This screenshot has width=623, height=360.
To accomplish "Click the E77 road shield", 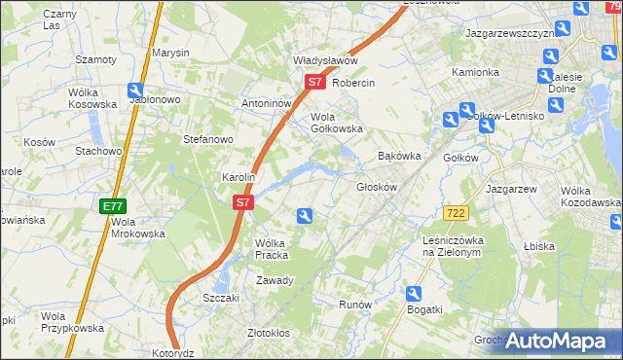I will [112, 206].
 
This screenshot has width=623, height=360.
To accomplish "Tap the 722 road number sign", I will [454, 213].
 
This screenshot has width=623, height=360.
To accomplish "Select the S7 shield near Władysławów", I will [314, 83].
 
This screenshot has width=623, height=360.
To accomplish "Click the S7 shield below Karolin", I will [243, 203].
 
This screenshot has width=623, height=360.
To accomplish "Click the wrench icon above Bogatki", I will [414, 293].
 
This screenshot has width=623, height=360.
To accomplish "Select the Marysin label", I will [170, 53].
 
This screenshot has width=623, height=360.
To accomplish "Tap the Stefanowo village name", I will [208, 139].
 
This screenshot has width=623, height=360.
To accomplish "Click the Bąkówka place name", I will [398, 156].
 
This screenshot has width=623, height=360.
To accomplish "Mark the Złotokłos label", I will [269, 333].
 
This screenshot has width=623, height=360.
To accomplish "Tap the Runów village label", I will [355, 305].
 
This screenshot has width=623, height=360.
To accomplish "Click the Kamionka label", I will [475, 72].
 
